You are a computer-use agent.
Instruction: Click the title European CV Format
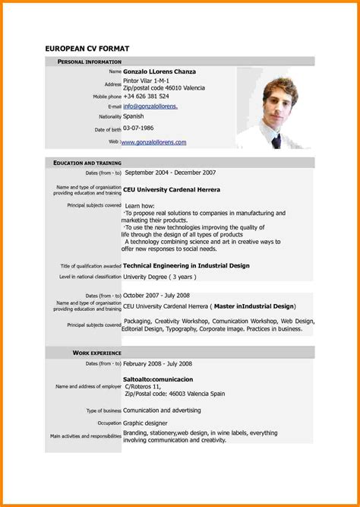point(87,48)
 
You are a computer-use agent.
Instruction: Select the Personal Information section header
point(87,61)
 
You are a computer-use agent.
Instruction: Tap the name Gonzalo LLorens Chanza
point(159,71)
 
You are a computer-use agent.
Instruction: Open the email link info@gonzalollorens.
point(150,106)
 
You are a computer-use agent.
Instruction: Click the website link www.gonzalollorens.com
point(153,142)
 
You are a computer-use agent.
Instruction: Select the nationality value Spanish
point(134,116)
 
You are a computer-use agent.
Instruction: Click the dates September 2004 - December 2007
point(170,173)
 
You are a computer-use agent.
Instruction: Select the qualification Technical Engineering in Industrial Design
point(186,265)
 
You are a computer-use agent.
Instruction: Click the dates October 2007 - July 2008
point(156,295)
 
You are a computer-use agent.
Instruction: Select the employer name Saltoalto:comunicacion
point(158,378)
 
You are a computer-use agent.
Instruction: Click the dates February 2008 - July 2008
point(159,363)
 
